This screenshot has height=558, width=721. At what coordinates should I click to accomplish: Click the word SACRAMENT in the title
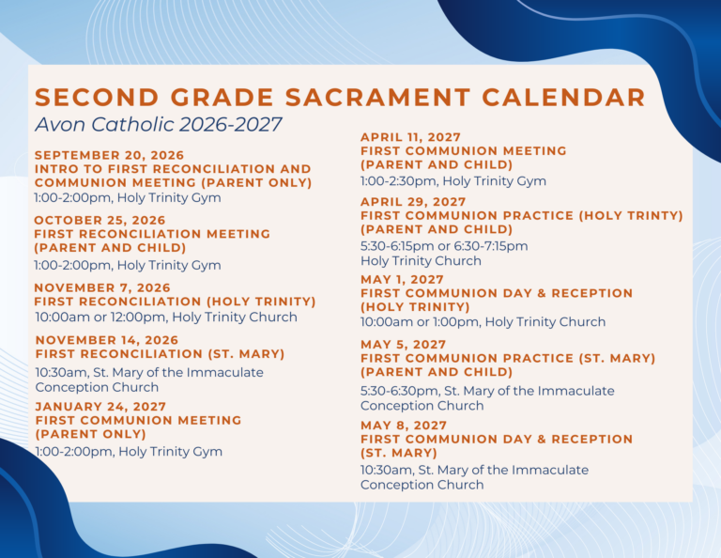[377, 97]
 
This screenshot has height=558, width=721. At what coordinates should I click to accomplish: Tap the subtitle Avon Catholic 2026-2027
[158, 125]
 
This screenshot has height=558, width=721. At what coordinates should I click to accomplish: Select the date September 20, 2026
[109, 156]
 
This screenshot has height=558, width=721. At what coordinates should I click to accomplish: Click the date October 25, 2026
[100, 221]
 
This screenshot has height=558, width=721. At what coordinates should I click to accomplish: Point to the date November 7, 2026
[102, 288]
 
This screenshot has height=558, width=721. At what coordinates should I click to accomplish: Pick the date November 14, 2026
[107, 340]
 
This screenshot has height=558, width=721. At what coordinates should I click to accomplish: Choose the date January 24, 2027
[100, 407]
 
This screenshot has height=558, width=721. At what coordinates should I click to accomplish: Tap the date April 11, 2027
[410, 137]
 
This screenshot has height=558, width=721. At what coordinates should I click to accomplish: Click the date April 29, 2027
[413, 202]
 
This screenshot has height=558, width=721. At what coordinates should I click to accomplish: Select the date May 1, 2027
[402, 280]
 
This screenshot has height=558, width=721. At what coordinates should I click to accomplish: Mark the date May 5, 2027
[404, 345]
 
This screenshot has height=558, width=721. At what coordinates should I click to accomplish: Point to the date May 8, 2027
[404, 426]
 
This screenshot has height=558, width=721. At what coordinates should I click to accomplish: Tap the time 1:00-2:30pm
[398, 181]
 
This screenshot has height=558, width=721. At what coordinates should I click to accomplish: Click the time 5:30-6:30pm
[399, 391]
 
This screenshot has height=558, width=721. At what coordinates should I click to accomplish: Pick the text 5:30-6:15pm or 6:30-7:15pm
[444, 246]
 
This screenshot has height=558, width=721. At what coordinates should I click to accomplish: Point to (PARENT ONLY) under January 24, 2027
[90, 434]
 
